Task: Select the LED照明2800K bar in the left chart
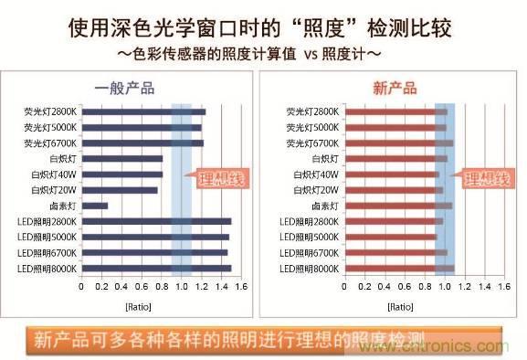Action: pyautogui.click(x=156, y=221)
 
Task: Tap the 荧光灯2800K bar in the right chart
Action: pyautogui.click(x=395, y=111)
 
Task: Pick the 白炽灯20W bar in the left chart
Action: pyautogui.click(x=120, y=190)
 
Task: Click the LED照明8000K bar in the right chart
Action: pyautogui.click(x=398, y=268)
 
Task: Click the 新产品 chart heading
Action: pyautogui.click(x=395, y=89)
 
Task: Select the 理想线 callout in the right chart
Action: pyautogui.click(x=486, y=179)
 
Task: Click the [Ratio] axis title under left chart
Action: pyautogui.click(x=161, y=304)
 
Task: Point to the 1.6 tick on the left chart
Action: pyautogui.click(x=241, y=286)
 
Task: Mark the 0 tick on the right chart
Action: pyautogui.click(x=345, y=286)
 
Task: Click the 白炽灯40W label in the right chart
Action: pyautogui.click(x=317, y=175)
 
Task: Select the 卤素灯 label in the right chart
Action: pyautogui.click(x=325, y=206)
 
